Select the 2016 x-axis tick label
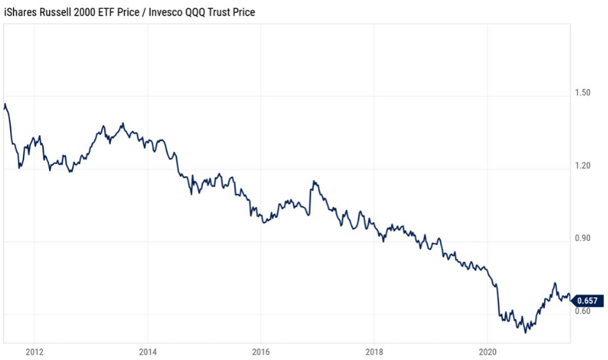(261, 351)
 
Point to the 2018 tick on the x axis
(375, 351)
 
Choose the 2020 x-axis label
(488, 351)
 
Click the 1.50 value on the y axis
(582, 92)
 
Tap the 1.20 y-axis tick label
(582, 166)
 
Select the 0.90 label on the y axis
(582, 238)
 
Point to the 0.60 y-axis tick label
(582, 311)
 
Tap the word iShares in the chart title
(21, 12)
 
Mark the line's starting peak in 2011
(5, 104)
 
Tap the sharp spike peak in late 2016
(313, 181)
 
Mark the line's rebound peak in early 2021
(555, 283)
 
